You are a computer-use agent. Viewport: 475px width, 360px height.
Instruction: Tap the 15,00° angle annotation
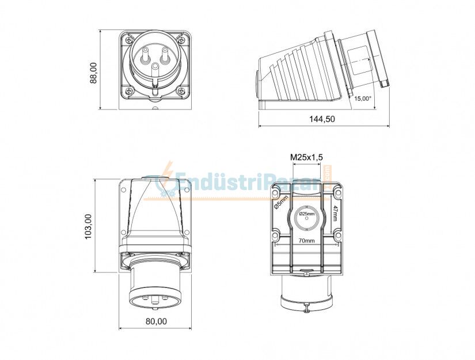pyautogui.click(x=363, y=98)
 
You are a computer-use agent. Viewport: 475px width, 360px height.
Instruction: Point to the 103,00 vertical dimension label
pyautogui.click(x=88, y=226)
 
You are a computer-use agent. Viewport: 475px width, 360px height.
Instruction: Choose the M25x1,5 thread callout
pyautogui.click(x=306, y=157)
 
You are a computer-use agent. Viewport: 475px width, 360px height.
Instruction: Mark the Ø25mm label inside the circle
pyautogui.click(x=306, y=214)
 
